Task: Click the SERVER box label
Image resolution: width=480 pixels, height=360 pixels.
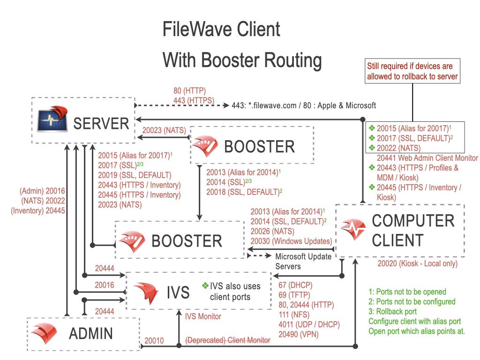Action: (x=101, y=123)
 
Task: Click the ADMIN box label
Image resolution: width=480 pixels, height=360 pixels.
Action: (x=91, y=333)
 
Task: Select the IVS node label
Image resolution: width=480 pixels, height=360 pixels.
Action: (x=178, y=292)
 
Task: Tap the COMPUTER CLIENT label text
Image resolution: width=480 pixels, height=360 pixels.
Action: (x=412, y=230)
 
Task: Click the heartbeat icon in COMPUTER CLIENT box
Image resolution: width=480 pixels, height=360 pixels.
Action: (x=352, y=229)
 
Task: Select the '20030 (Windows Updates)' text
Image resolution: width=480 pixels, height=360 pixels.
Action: (x=291, y=241)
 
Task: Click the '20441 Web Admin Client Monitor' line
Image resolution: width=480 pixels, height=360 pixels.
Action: (x=427, y=158)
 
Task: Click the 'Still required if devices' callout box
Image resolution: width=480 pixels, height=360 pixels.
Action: (x=413, y=71)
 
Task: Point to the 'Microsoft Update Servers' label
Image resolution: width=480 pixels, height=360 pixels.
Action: (x=303, y=261)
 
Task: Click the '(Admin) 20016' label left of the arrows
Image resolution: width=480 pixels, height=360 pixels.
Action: (x=42, y=191)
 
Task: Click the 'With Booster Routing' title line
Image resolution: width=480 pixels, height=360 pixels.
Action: (x=242, y=60)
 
